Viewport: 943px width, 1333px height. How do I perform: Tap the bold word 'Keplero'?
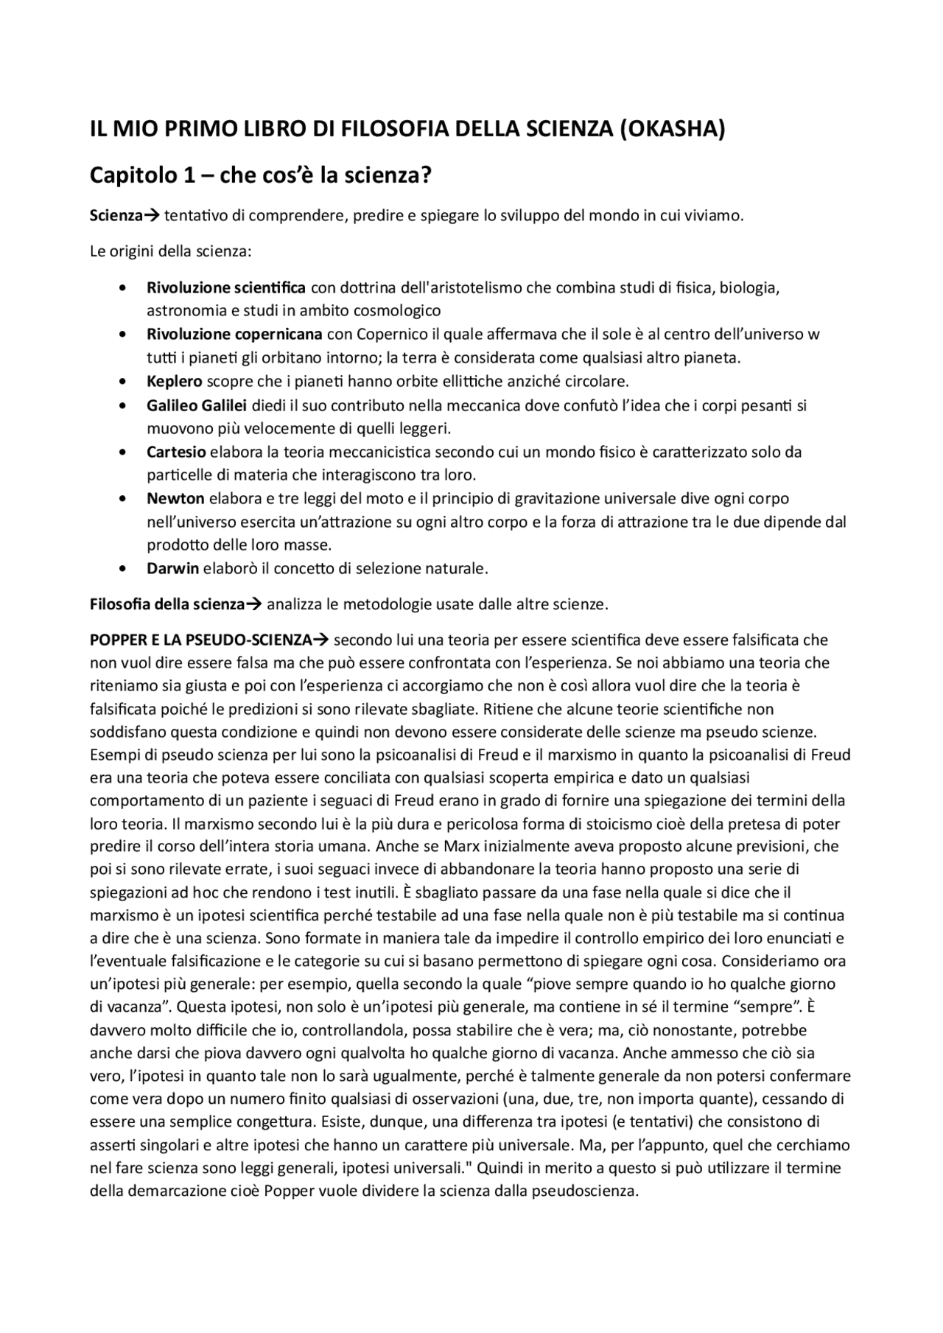click(174, 381)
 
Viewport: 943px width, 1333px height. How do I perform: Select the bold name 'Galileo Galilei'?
click(196, 405)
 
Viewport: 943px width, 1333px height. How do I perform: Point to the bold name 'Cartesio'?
click(176, 451)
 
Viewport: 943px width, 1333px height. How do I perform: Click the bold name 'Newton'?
click(175, 498)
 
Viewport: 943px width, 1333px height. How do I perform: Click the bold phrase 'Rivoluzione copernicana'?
click(234, 334)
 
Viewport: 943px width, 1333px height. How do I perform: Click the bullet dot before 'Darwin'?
click(122, 569)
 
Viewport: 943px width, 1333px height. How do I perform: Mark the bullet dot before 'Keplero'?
click(122, 382)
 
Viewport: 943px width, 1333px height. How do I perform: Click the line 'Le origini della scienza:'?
click(171, 251)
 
